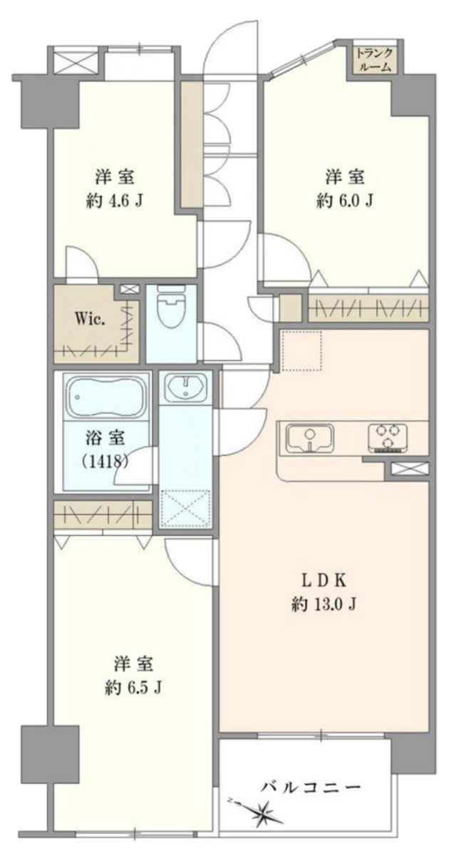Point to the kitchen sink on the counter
[310, 438]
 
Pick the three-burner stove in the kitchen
[387, 438]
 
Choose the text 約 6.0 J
[345, 200]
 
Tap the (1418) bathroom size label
[105, 461]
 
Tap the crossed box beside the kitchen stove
[407, 468]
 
